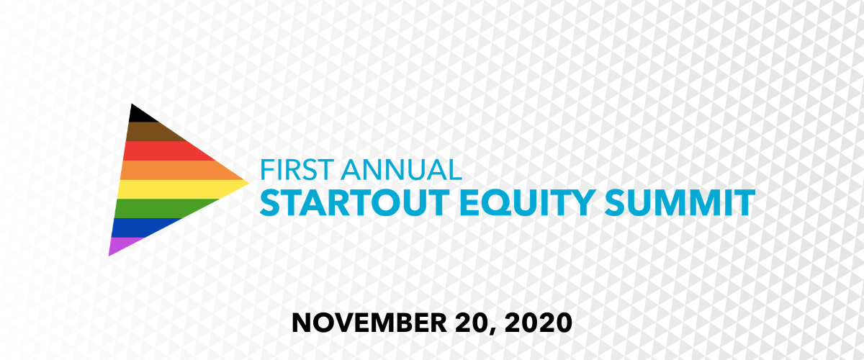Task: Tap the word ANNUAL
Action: click(400, 170)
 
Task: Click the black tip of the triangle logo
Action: click(137, 114)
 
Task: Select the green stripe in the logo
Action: click(151, 208)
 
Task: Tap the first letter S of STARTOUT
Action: click(270, 202)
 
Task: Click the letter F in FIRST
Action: click(266, 170)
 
